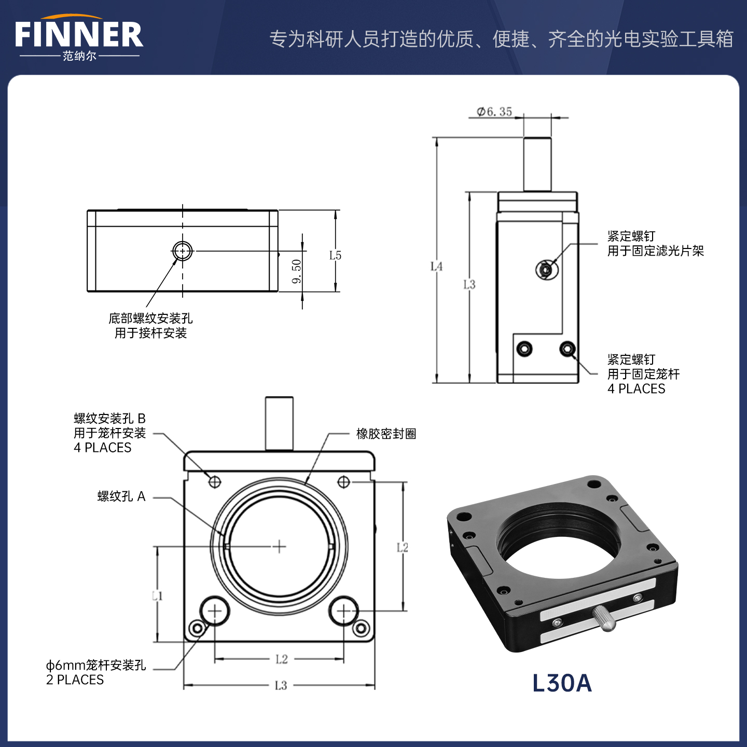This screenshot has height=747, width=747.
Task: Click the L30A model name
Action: click(x=562, y=683)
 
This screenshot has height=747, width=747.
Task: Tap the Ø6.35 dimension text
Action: click(x=494, y=112)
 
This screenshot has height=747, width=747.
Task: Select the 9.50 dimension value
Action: click(x=297, y=271)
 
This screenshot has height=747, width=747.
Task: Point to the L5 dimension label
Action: click(x=335, y=255)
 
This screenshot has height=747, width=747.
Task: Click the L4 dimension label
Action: click(x=436, y=266)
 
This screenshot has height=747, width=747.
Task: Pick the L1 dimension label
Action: click(x=157, y=596)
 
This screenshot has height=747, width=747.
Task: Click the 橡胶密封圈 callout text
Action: click(x=386, y=434)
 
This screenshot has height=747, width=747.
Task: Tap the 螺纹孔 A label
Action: click(x=121, y=496)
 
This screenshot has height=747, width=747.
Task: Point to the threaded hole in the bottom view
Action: click(x=182, y=251)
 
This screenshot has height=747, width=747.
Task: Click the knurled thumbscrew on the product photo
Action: click(x=604, y=617)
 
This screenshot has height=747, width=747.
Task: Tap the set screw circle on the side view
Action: click(x=546, y=269)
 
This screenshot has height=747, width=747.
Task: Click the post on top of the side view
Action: click(x=537, y=164)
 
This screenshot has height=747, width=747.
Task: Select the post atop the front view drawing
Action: click(x=279, y=423)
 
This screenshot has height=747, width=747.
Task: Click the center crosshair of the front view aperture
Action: click(x=280, y=546)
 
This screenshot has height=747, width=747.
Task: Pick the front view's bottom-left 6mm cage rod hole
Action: click(x=214, y=612)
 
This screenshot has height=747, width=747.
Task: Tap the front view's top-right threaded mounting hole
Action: click(x=343, y=482)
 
